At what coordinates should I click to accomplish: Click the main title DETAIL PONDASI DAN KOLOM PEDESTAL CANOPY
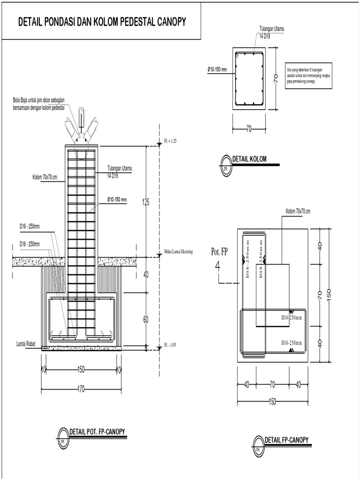(101, 22)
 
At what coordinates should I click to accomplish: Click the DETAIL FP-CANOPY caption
(286, 440)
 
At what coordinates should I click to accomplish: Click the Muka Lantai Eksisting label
(182, 251)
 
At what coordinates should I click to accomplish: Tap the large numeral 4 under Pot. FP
(217, 266)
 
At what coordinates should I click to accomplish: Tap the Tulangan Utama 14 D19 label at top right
(272, 31)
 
